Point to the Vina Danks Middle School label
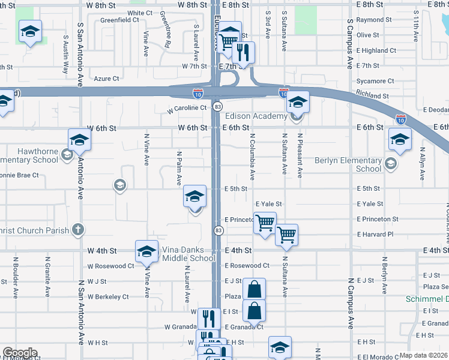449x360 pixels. pos(188,254)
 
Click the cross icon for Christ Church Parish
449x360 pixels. pos(77,229)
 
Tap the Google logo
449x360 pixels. pos(20,353)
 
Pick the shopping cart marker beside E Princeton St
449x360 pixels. pos(264,223)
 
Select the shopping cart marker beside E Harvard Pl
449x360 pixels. pos(286,235)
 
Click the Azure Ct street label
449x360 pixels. pos(107,79)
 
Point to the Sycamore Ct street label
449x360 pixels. pos(375,81)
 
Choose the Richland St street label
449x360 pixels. pos(372,95)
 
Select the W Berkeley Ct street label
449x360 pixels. pos(108,296)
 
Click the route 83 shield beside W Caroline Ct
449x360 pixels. pos(217,106)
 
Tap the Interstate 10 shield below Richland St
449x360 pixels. pos(400,119)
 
